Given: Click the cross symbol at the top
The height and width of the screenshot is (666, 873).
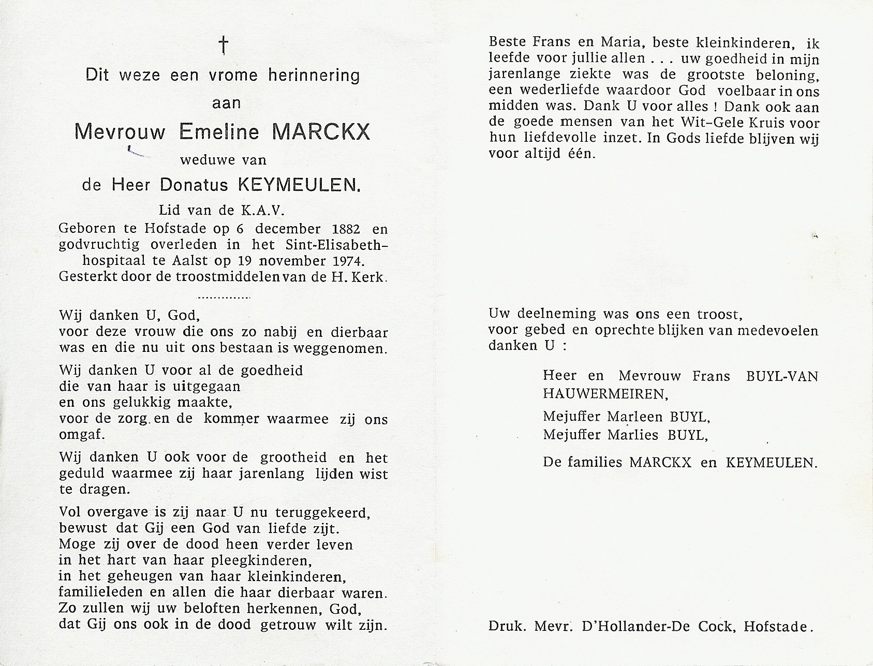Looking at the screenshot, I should [223, 46].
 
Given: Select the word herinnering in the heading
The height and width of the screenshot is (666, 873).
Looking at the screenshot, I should [313, 76].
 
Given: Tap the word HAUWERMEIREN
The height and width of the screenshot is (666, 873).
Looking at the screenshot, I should [605, 394].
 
